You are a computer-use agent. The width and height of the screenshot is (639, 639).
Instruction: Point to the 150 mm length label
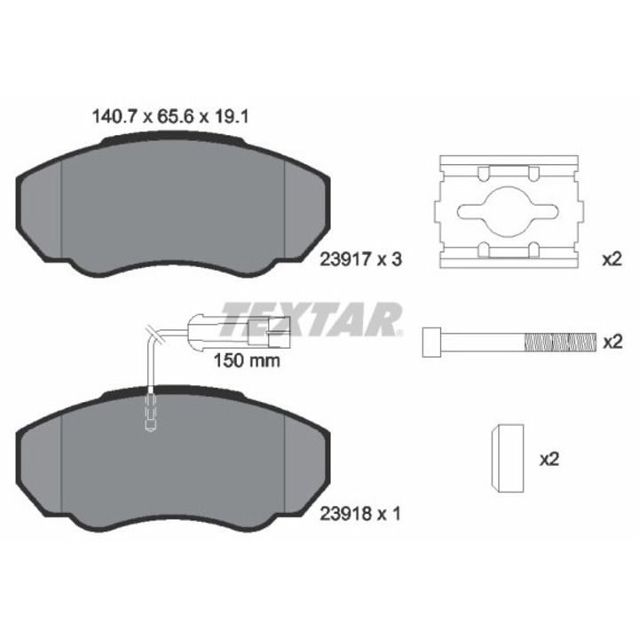click(248, 361)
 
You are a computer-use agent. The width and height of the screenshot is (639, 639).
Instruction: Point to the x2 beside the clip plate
click(611, 260)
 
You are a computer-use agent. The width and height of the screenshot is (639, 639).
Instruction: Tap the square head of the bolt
click(432, 342)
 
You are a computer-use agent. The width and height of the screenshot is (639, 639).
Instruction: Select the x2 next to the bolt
click(611, 341)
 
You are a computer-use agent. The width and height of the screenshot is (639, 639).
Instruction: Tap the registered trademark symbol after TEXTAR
click(399, 334)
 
